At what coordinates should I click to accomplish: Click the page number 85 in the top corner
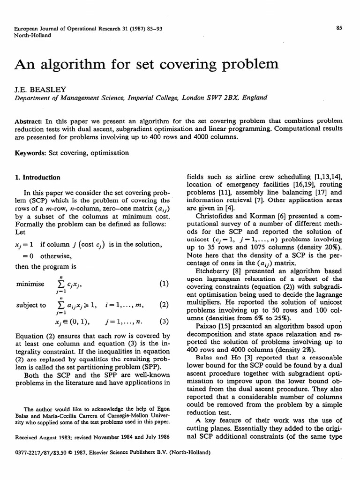[x=339, y=28]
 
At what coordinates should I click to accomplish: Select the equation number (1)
[x=163, y=284]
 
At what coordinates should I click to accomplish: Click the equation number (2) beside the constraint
[x=163, y=305]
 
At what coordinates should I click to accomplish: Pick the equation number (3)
[x=163, y=322]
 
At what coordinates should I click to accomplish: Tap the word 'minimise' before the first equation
[x=31, y=284]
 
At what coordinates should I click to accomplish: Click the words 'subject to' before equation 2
[x=31, y=305]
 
